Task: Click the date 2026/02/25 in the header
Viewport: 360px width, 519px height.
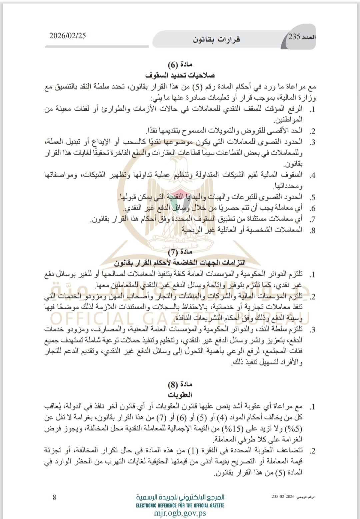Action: pyautogui.click(x=67, y=36)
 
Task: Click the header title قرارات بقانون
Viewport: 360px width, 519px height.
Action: pyautogui.click(x=216, y=39)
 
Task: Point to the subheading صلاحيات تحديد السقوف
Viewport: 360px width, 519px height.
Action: pyautogui.click(x=180, y=75)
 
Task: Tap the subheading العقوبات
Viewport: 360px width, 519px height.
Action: pyautogui.click(x=180, y=395)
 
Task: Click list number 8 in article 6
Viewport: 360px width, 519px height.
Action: pyautogui.click(x=312, y=230)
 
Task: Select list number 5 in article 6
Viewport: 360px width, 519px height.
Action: pyautogui.click(x=312, y=198)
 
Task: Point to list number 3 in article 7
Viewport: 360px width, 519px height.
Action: pyautogui.click(x=312, y=330)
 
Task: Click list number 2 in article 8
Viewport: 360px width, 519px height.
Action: pyautogui.click(x=312, y=451)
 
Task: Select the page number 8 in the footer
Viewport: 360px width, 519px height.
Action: pyautogui.click(x=55, y=497)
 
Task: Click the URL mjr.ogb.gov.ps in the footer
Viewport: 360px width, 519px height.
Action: pyautogui.click(x=180, y=513)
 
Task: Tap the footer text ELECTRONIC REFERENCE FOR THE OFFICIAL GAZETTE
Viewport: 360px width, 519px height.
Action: pyautogui.click(x=180, y=505)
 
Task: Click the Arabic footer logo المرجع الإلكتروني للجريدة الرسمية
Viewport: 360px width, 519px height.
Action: pyautogui.click(x=180, y=497)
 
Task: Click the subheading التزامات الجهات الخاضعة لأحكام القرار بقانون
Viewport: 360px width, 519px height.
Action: pyautogui.click(x=180, y=262)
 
